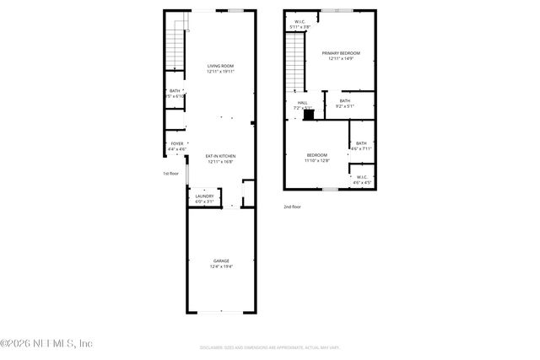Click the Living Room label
point(220,68)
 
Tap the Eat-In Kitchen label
point(220,159)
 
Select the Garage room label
point(220,264)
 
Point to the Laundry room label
point(205,198)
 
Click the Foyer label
point(177,146)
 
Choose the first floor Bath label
point(175,94)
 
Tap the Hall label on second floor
point(302,105)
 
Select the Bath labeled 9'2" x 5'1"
point(344,103)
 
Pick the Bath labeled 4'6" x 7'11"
point(361,146)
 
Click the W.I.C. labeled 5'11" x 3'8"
point(300,24)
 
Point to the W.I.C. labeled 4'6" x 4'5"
point(361,180)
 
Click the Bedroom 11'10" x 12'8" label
point(316,157)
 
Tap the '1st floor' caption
point(171,174)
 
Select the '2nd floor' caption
point(292,207)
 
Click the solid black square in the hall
point(309,114)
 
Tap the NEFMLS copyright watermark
point(46,343)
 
